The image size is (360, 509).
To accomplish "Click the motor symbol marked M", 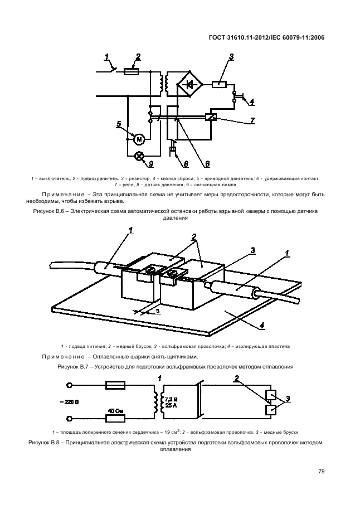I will pos(140,138).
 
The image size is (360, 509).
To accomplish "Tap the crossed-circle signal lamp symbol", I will pos(140,156).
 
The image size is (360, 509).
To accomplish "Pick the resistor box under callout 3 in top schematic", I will pos(220,85).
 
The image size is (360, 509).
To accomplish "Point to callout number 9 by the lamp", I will pos(150,163).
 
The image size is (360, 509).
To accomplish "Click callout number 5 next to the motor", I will pos(119,124).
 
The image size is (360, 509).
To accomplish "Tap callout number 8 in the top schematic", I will pos(186,164).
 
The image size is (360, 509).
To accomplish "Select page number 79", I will pos(322,472).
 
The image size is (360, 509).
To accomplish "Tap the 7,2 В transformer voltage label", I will pos(171,398).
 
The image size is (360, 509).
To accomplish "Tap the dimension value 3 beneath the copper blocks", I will pos(158,311).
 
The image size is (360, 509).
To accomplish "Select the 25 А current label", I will pos(170,405).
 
